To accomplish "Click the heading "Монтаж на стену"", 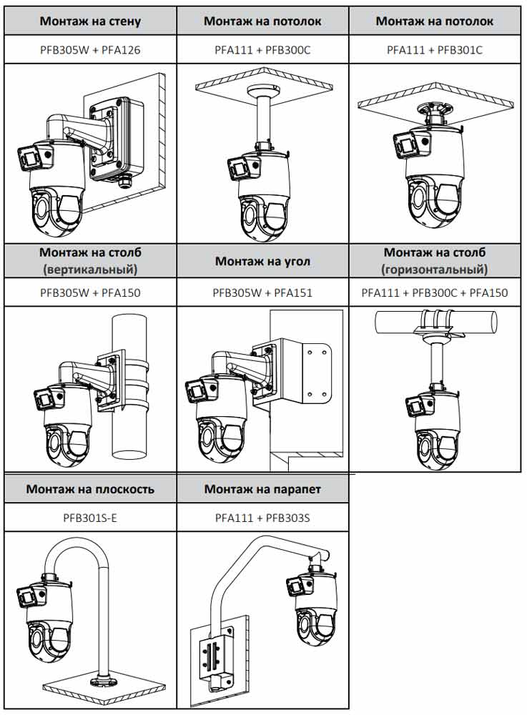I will coord(90,21).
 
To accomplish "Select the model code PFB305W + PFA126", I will coord(90,50).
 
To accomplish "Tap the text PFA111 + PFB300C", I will coord(262,50).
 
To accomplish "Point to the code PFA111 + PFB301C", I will coord(435,50).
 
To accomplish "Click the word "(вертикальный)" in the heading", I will coord(90,269).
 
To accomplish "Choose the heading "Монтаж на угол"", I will coord(262,261).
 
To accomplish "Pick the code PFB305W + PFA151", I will coord(262,292).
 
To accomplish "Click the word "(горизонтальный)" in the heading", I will coord(435,269).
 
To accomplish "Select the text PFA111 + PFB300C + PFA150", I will coord(435,292).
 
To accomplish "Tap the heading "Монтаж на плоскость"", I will coord(90,490).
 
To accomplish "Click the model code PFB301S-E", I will coord(90,517).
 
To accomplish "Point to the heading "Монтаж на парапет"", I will coord(262,490).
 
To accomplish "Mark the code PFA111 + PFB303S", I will coord(262,517).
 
